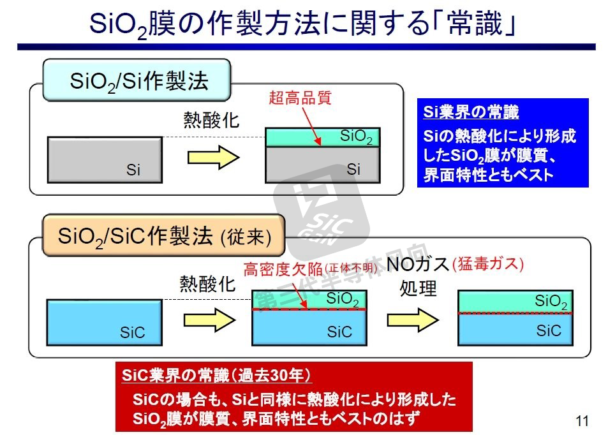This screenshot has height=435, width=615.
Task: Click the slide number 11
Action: click(581, 420)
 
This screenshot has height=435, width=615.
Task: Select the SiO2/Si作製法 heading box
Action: click(136, 81)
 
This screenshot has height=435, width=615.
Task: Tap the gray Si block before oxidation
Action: click(105, 160)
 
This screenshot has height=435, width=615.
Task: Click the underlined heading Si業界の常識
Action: click(471, 113)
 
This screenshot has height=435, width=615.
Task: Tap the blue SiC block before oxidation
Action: click(103, 321)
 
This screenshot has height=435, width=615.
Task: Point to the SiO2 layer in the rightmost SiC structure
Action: click(515, 301)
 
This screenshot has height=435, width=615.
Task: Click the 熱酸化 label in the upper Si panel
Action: click(211, 120)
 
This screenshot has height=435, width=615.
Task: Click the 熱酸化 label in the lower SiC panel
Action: click(207, 283)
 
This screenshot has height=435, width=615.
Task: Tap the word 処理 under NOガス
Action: click(418, 288)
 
